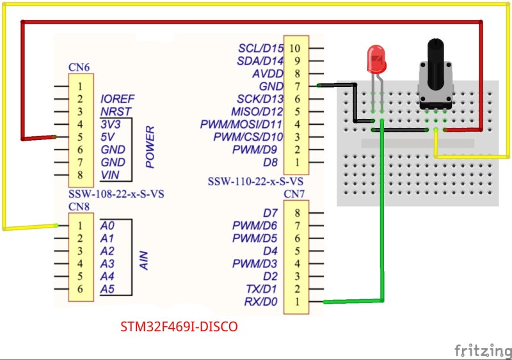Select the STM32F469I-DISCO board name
(179, 327)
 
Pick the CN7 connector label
(295, 194)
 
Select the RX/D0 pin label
(261, 302)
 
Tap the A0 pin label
(107, 225)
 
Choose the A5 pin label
(107, 289)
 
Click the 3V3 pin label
(111, 124)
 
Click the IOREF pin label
(117, 99)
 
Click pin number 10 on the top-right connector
(295, 48)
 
